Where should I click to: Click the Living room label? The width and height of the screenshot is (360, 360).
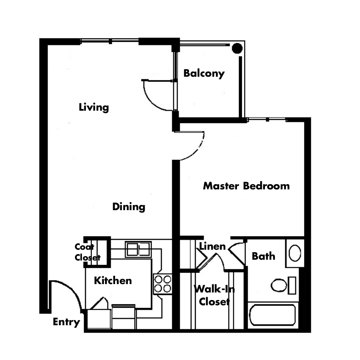[x=94, y=107]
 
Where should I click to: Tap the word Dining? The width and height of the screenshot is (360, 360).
[x=128, y=207]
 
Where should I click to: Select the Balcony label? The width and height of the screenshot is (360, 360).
[x=204, y=74]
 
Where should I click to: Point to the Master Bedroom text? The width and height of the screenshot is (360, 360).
[x=246, y=186]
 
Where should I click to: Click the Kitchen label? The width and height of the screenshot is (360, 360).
[x=113, y=281]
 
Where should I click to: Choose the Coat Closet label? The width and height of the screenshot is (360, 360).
[x=88, y=252]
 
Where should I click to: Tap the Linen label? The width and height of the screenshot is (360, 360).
[x=213, y=247]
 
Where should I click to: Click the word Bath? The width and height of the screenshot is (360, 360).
[x=263, y=256]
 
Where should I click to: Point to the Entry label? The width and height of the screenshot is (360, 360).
[x=66, y=322]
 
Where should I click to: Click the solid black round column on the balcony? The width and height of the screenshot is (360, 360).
[x=237, y=48]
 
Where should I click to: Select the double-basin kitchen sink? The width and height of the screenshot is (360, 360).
[x=138, y=249]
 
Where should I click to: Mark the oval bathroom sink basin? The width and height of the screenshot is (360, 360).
[x=295, y=253]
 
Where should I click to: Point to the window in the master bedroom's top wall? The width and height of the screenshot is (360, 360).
[x=267, y=119]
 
